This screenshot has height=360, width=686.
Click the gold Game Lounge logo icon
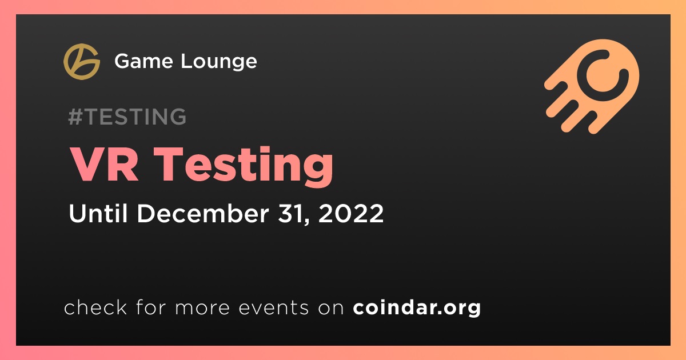click(x=82, y=62)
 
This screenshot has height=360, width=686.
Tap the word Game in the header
click(x=143, y=61)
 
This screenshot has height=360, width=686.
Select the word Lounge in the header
click(x=218, y=62)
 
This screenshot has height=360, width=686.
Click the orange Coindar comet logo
click(x=592, y=87)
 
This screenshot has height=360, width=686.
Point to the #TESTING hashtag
click(x=127, y=117)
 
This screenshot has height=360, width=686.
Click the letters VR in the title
click(x=104, y=165)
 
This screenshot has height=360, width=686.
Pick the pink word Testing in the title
click(x=243, y=166)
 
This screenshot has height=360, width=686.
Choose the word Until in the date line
click(x=98, y=213)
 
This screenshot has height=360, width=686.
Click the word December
click(x=203, y=213)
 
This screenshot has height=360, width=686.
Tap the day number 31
click(x=292, y=213)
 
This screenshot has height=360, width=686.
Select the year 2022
click(x=351, y=213)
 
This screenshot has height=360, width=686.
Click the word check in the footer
click(x=95, y=307)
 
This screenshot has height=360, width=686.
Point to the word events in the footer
click(x=274, y=308)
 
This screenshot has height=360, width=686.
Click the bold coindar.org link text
click(x=417, y=307)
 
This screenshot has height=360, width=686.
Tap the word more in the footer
click(x=202, y=309)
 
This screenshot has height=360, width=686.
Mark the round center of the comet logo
click(x=603, y=75)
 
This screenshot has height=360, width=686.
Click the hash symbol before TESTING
click(x=75, y=117)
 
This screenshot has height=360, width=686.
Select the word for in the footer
click(x=151, y=307)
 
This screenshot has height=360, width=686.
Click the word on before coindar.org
click(x=331, y=309)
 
